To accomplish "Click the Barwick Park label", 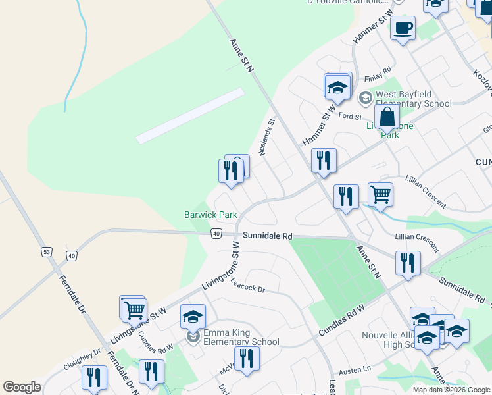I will [x=210, y=215].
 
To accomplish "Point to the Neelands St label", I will [x=266, y=136].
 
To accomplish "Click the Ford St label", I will [x=350, y=116].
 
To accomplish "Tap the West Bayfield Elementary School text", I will [x=413, y=99].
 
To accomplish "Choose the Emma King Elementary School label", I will [x=241, y=337].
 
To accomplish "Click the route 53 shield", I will [x=46, y=252].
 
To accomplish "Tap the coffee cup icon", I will [x=403, y=28].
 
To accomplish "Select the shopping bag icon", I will [x=387, y=117].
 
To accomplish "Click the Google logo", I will [x=22, y=387].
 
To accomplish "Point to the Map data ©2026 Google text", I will [x=452, y=390].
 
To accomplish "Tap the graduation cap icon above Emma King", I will [x=193, y=316].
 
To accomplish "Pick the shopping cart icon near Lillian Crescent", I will [x=380, y=194].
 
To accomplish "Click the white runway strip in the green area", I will [x=190, y=116].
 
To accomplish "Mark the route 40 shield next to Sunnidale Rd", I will [x=216, y=234].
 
